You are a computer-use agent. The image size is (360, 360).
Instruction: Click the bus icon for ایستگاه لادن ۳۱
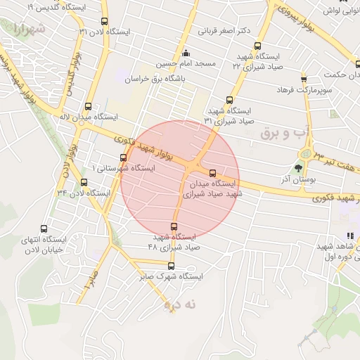pos(105,21)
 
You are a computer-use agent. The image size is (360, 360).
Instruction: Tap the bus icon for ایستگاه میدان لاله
pos(88,106)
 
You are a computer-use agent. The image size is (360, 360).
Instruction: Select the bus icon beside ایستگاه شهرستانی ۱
pos(124,157)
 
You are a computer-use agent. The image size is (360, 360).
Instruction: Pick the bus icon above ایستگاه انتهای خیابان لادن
pos(45,229)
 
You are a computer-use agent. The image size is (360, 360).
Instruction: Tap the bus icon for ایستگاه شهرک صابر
pos(171,266)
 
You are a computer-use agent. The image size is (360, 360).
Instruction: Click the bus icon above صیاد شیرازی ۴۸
pos(174,226)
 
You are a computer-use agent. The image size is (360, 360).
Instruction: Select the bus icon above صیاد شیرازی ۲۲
pos(260,44)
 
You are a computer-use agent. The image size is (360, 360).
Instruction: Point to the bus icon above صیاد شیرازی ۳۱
pos(229,100)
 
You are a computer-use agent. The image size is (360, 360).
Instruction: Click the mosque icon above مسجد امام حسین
pos(186,53)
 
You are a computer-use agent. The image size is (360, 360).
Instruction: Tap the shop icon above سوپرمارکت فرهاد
pos(304,79)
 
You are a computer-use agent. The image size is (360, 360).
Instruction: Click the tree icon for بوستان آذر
pos(298,168)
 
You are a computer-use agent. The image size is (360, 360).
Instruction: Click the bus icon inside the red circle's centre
pos(212,173)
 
